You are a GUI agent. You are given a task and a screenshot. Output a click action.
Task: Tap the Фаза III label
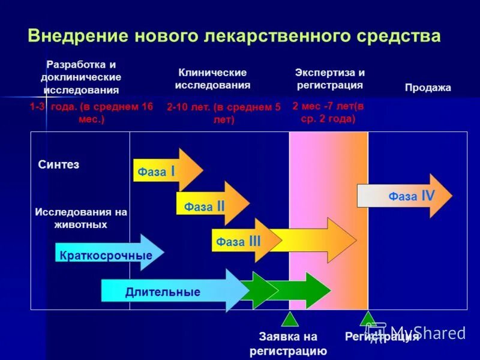[238, 241]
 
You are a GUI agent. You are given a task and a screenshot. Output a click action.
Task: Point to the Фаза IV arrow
[406, 196]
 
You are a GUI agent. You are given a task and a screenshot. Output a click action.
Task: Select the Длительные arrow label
[163, 292]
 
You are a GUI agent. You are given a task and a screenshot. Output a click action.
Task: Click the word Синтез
[59, 164]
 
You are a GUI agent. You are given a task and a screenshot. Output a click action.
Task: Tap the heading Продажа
[428, 88]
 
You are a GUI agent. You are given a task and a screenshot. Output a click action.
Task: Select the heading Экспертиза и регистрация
[329, 78]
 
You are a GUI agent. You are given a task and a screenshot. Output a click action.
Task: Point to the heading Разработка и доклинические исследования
[81, 77]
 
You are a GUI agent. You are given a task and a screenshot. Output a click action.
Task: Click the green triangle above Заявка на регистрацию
[290, 319]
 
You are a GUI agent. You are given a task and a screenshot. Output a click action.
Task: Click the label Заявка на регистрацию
[289, 344]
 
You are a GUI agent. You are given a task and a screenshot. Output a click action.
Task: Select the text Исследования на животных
[81, 218]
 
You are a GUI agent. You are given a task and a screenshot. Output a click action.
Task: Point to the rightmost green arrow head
[318, 290]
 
